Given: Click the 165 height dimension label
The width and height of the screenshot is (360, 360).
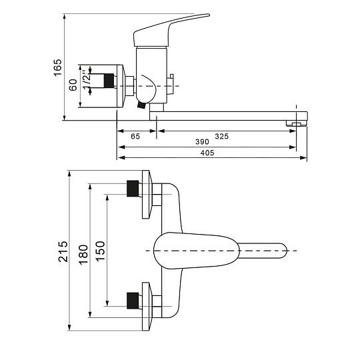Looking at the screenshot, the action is pos(58,67).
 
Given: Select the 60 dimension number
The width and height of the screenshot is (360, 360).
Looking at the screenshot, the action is pos(73,85).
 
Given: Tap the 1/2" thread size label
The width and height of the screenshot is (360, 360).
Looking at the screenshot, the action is pos(87,80).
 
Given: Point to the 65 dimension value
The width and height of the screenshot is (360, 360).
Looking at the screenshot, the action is pos(135,137).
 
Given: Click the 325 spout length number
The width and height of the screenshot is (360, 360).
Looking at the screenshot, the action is pos(222,137).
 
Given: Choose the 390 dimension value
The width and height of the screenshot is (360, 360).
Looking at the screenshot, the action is pos(202,142).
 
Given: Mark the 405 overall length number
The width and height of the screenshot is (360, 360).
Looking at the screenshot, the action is pos(207,153).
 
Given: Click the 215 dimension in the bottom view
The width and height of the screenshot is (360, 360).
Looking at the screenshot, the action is pos(63,251).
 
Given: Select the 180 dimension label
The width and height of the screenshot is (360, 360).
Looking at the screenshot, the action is pos(83,255).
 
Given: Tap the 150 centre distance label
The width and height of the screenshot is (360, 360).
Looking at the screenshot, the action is pos(100,251).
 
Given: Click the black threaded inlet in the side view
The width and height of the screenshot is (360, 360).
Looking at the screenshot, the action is pos(109,81).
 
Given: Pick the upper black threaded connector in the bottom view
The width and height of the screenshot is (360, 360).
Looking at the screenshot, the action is pos(133,189).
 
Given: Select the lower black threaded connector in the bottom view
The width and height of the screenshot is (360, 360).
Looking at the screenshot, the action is pos(133,301).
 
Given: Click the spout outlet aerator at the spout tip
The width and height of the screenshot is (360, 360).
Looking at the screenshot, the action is pos(297,123).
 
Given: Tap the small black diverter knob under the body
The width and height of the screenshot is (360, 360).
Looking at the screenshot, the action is pos(141,105).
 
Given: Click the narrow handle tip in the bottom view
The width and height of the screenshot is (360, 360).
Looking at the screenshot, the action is pos(263,251).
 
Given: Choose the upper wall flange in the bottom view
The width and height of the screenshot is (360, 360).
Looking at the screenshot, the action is pos(147,195).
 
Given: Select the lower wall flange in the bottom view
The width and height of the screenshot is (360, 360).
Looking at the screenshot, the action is pos(147,307).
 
